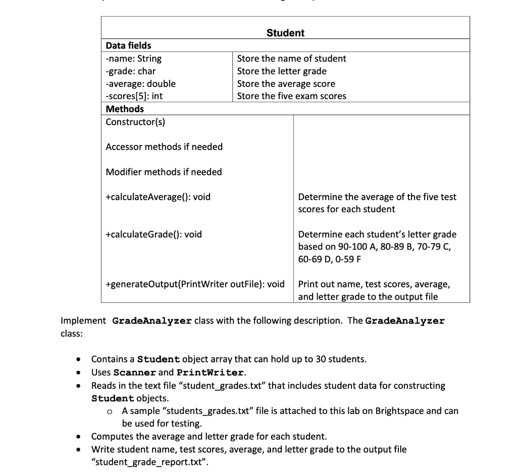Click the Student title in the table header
pos(285,33)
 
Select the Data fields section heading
pos(128,45)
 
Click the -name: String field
pos(134,59)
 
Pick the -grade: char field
pos(131,71)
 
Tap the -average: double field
pos(141,84)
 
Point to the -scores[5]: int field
pos(134,96)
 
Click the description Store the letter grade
pos(282,71)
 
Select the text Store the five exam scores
pos(291,96)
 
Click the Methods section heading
pos(125,109)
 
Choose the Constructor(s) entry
pos(135,122)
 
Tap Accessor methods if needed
pos(164,147)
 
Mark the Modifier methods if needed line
pos(164,172)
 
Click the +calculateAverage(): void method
pos(158,197)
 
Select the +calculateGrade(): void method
pos(153,234)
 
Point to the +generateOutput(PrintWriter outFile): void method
pos(195,284)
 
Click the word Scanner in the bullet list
pos(135,372)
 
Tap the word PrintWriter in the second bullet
pos(210,372)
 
